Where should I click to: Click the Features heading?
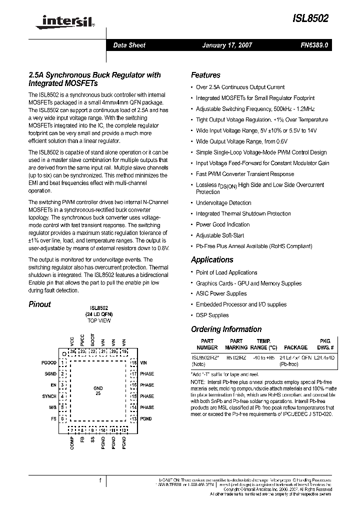(x=205, y=75)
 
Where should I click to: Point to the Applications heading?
(x=212, y=259)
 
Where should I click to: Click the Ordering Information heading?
(x=226, y=329)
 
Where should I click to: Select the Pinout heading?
(x=39, y=304)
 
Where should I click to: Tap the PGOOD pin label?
(x=48, y=362)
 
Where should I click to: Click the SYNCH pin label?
(x=49, y=396)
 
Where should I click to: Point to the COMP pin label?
(x=72, y=443)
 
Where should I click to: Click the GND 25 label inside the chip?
(x=98, y=391)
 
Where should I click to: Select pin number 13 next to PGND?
(x=133, y=418)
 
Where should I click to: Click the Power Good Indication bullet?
(x=222, y=224)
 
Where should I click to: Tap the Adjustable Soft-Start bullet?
(x=220, y=235)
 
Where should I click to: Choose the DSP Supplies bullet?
(x=212, y=315)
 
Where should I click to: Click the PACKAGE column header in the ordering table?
(x=295, y=347)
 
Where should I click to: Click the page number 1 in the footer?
(x=100, y=480)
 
